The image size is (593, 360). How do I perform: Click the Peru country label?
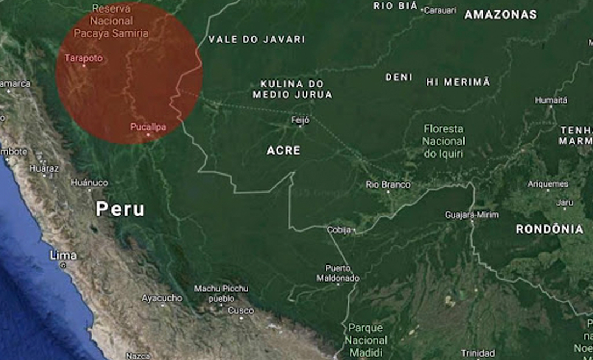[120, 209]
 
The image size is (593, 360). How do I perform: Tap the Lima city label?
[63, 256]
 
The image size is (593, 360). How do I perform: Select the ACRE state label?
[284, 150]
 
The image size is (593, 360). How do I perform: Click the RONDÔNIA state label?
[549, 229]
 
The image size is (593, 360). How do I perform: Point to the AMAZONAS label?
[500, 15]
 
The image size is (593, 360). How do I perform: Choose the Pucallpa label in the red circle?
[148, 127]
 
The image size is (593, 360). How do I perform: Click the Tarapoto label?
[83, 58]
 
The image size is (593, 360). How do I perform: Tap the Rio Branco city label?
[388, 185]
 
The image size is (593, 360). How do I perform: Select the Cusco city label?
[240, 311]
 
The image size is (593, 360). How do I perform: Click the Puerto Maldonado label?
[338, 273]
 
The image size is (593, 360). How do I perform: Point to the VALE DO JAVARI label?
[256, 40]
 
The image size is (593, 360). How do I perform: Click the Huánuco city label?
[89, 183]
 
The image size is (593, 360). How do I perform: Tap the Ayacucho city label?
[161, 298]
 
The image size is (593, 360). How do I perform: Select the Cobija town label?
[338, 230]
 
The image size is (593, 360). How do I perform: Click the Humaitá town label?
[551, 100]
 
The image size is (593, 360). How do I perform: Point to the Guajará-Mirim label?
[472, 215]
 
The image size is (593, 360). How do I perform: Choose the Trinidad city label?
[477, 353]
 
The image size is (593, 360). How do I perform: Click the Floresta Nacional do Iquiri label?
[444, 141]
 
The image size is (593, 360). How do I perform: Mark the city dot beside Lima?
[64, 266]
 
